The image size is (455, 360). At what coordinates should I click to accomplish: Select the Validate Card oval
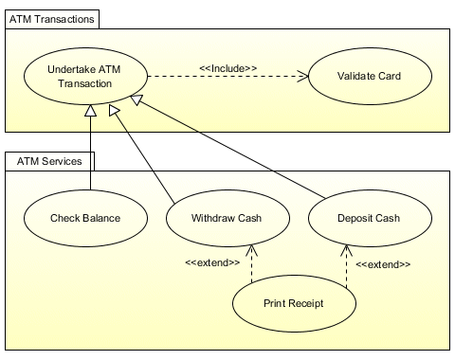pyautogui.click(x=355, y=77)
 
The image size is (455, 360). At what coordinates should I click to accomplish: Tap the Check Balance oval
pyautogui.click(x=85, y=219)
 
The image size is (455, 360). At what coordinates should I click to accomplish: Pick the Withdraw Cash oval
pyautogui.click(x=227, y=219)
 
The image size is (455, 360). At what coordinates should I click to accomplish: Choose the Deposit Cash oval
pyautogui.click(x=369, y=219)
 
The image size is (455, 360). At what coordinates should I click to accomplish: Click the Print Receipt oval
pyautogui.click(x=294, y=304)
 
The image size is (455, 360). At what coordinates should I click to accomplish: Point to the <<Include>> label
pyautogui.click(x=227, y=67)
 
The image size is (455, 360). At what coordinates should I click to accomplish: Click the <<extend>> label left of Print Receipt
pyautogui.click(x=211, y=262)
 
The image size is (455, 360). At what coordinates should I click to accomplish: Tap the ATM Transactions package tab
pyautogui.click(x=51, y=19)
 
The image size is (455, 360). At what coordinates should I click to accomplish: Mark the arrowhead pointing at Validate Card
pyautogui.click(x=304, y=77)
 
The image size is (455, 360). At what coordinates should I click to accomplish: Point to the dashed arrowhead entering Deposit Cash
pyautogui.click(x=348, y=249)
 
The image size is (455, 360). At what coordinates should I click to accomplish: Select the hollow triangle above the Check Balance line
pyautogui.click(x=91, y=113)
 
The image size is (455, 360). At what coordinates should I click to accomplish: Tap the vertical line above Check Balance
pyautogui.click(x=91, y=152)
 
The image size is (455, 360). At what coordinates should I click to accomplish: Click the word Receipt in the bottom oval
pyautogui.click(x=307, y=304)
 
